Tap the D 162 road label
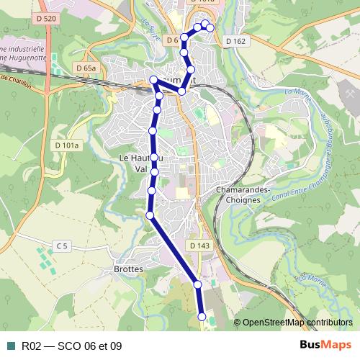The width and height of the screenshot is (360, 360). coord(235,41)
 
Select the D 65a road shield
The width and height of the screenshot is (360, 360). coord(85,68)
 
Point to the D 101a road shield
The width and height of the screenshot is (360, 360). coord(67,145)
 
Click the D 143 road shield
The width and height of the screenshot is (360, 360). coord(200,246)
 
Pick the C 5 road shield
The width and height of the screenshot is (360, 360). coord(62,246)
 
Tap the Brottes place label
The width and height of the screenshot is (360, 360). coord(129,269)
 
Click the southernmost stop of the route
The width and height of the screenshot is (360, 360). coord(202,317)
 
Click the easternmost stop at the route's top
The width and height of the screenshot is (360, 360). coord(210,28)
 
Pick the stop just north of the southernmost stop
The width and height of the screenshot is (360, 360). coord(197,285)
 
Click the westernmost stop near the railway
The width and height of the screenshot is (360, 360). coord(153,81)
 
